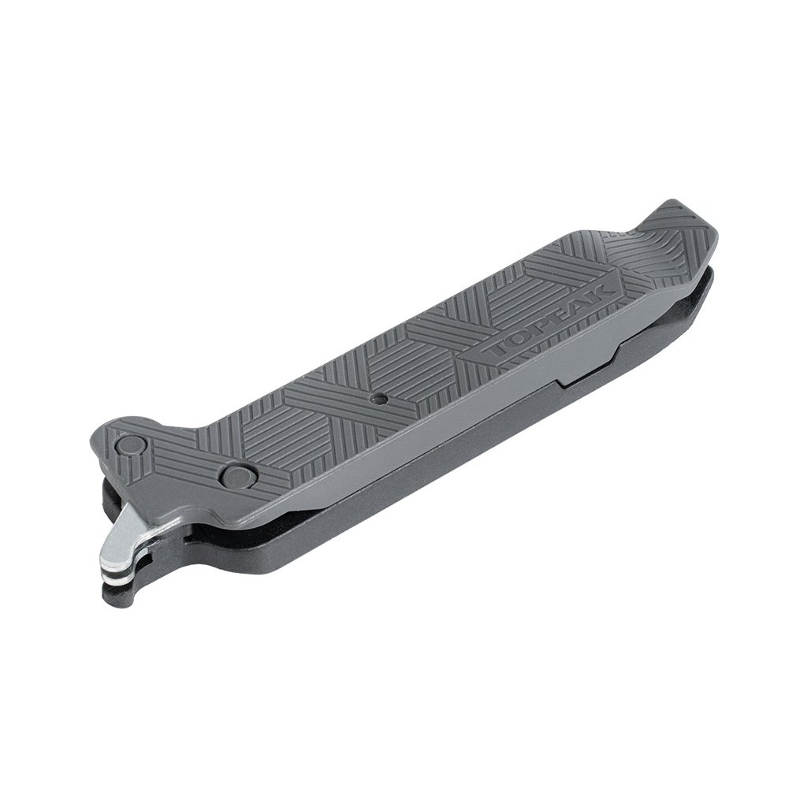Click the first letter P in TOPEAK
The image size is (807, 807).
pos(541,324)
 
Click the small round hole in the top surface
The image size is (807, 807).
pos(379,397)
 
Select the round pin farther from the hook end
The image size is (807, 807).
pos(236,474)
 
